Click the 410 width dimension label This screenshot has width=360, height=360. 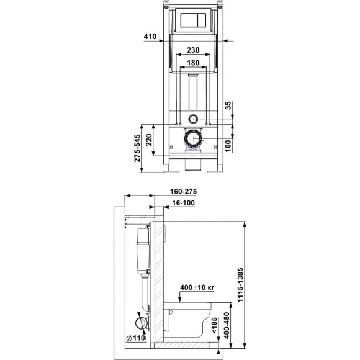(x=150, y=36)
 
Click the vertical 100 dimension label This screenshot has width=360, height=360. (x=228, y=146)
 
